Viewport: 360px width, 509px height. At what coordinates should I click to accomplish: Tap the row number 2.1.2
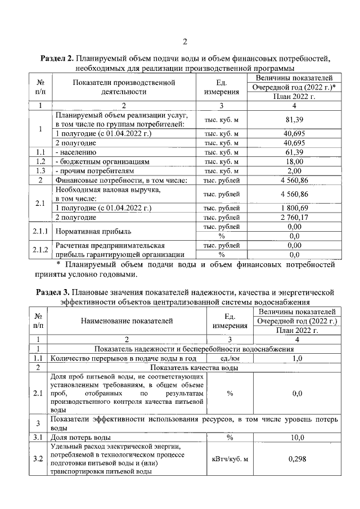[41, 250]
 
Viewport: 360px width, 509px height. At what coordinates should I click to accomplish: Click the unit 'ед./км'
[229, 358]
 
